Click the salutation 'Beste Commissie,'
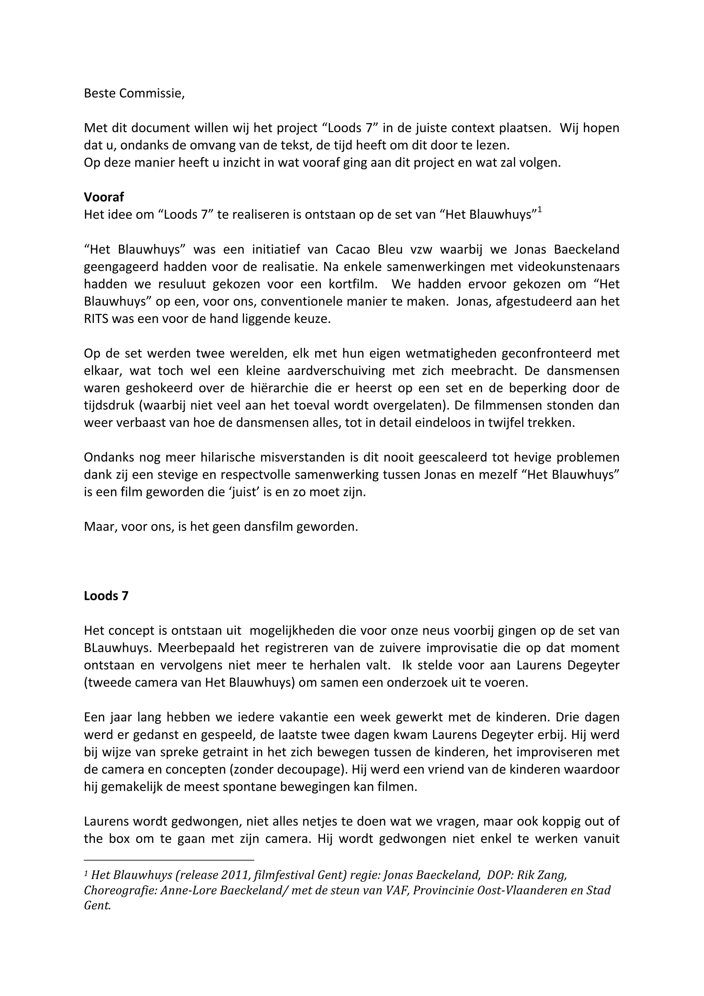134,93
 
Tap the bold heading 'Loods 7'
106,596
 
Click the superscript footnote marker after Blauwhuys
540,211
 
